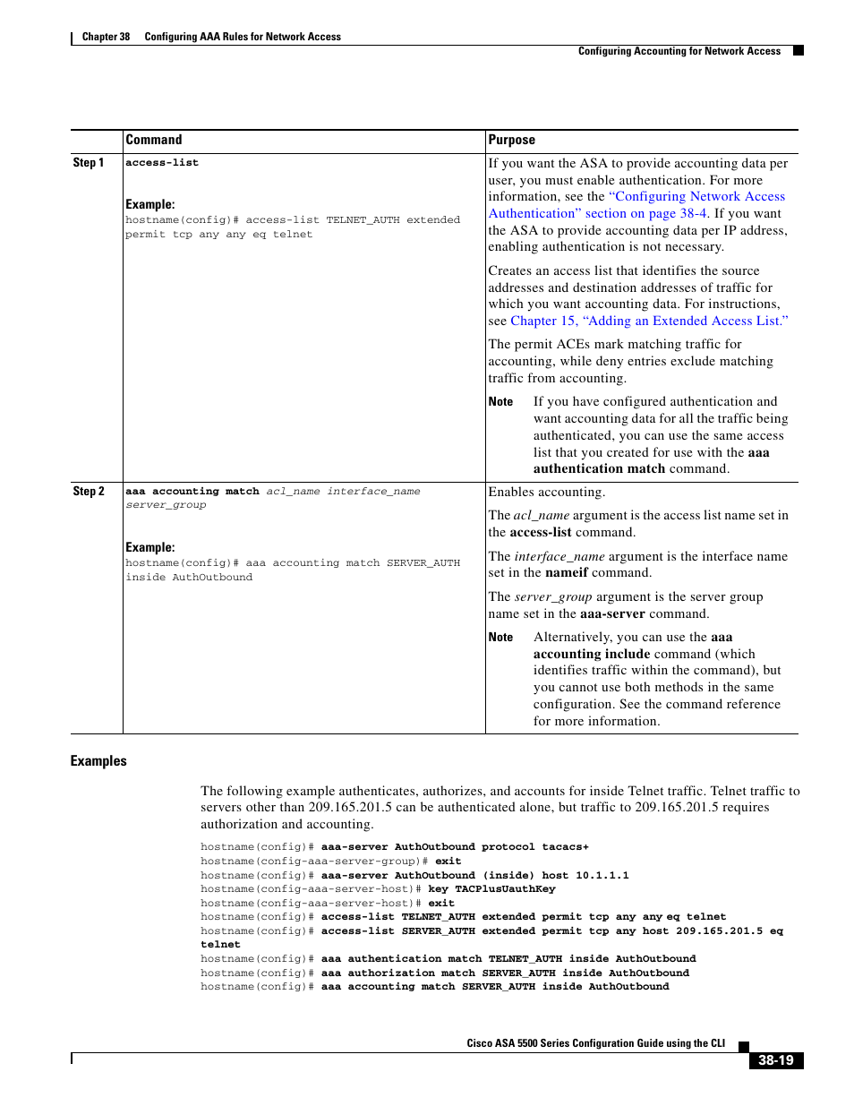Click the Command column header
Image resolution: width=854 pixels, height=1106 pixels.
[154, 140]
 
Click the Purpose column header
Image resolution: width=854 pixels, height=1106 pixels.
[512, 140]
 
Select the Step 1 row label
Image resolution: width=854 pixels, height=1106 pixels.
[89, 163]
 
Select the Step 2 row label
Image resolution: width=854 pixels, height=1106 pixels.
[89, 492]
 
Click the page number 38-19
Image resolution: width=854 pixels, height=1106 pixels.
[775, 1060]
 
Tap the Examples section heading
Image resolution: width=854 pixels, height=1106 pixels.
[98, 761]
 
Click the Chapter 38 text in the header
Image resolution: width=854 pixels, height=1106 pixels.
[106, 37]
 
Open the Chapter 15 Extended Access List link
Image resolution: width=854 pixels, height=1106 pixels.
[649, 321]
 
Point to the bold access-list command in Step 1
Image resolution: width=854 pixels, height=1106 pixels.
[162, 163]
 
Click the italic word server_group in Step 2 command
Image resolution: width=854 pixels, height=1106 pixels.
[166, 505]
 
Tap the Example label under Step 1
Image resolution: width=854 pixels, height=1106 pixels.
[150, 204]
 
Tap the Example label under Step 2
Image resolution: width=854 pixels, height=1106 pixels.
[150, 547]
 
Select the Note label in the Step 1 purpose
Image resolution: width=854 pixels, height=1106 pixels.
[500, 402]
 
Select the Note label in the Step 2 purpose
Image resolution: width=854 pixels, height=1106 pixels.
[500, 638]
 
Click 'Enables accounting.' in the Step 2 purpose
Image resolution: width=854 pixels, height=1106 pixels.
[546, 492]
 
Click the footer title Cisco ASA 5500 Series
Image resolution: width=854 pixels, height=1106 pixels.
[595, 1043]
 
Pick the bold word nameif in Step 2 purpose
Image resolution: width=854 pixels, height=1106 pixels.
[567, 573]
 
